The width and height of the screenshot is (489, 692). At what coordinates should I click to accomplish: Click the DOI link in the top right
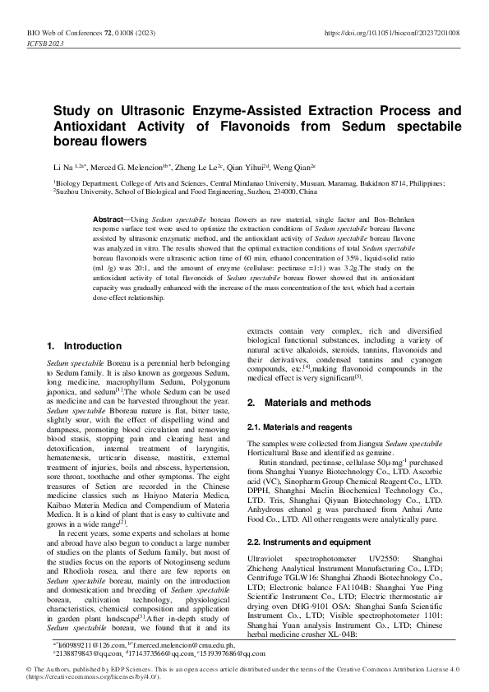pos(393,32)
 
